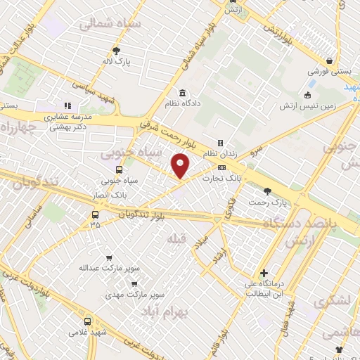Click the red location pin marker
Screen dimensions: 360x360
[181, 165]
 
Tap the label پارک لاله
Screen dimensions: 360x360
[117, 62]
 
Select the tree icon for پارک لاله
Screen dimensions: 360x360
[117, 51]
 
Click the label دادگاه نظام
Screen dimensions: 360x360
[183, 105]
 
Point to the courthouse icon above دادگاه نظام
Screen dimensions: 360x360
[182, 94]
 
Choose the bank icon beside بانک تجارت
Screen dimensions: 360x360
[221, 168]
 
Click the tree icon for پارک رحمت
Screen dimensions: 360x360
[266, 191]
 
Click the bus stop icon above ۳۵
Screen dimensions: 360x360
[95, 214]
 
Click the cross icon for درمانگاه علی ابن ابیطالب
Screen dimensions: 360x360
[263, 273]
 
